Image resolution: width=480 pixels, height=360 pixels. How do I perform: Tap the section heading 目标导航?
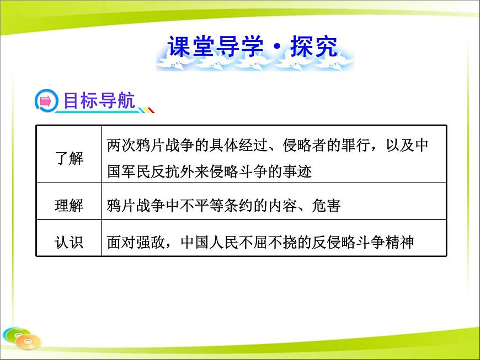click(99, 101)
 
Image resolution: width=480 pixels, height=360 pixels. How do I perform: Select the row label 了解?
click(70, 159)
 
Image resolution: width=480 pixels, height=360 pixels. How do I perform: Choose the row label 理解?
click(70, 206)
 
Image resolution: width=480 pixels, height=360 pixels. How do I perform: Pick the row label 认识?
click(70, 241)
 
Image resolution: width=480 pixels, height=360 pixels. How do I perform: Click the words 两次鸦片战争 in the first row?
click(150, 146)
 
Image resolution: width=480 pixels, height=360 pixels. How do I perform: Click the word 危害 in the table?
click(326, 206)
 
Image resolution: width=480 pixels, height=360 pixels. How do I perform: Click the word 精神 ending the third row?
click(399, 241)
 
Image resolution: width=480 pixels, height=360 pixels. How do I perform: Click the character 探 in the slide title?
click(301, 48)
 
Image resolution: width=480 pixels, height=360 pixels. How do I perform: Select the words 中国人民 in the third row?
click(207, 241)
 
